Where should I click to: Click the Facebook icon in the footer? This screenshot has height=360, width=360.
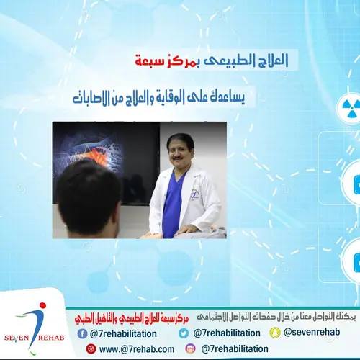click(83, 333)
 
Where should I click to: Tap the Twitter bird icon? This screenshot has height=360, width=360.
click(184, 333)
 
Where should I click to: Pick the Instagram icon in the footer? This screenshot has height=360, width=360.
click(191, 348)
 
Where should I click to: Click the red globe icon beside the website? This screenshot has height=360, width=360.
click(90, 348)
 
